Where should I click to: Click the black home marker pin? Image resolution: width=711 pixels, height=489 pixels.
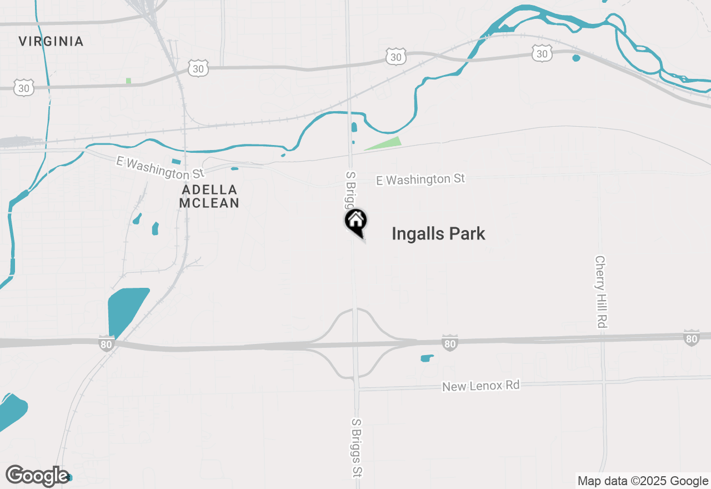click(355, 221)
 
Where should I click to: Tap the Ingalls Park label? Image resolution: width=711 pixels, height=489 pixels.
click(438, 234)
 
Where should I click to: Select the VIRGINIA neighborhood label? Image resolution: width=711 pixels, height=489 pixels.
click(51, 41)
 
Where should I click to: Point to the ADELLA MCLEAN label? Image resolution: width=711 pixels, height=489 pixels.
click(209, 197)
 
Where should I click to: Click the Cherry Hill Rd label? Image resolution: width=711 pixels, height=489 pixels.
click(600, 292)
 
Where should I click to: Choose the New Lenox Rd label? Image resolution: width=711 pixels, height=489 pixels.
click(481, 385)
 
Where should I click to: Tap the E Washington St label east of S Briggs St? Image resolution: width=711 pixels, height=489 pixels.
click(420, 179)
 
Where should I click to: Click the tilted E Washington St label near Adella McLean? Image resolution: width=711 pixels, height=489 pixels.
click(161, 168)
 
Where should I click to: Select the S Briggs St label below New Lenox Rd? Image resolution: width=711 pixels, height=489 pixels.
click(357, 447)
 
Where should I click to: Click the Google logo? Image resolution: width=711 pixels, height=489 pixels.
click(37, 476)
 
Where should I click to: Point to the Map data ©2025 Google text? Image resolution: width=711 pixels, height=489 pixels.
click(643, 481)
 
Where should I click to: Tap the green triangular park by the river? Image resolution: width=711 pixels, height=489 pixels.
click(385, 143)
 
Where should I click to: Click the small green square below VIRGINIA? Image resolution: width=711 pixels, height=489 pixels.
click(129, 81)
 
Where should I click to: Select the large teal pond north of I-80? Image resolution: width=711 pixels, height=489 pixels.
click(127, 310)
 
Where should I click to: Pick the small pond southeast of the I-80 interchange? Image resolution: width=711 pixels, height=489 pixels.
click(427, 358)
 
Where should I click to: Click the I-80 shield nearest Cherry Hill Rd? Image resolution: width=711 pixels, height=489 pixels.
click(692, 338)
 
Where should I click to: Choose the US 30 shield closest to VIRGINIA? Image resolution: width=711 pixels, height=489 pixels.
click(24, 87)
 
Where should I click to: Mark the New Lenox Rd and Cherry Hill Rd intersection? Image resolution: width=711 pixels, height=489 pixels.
click(604, 382)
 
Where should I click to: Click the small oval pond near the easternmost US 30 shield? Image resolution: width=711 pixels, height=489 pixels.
click(576, 58)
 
